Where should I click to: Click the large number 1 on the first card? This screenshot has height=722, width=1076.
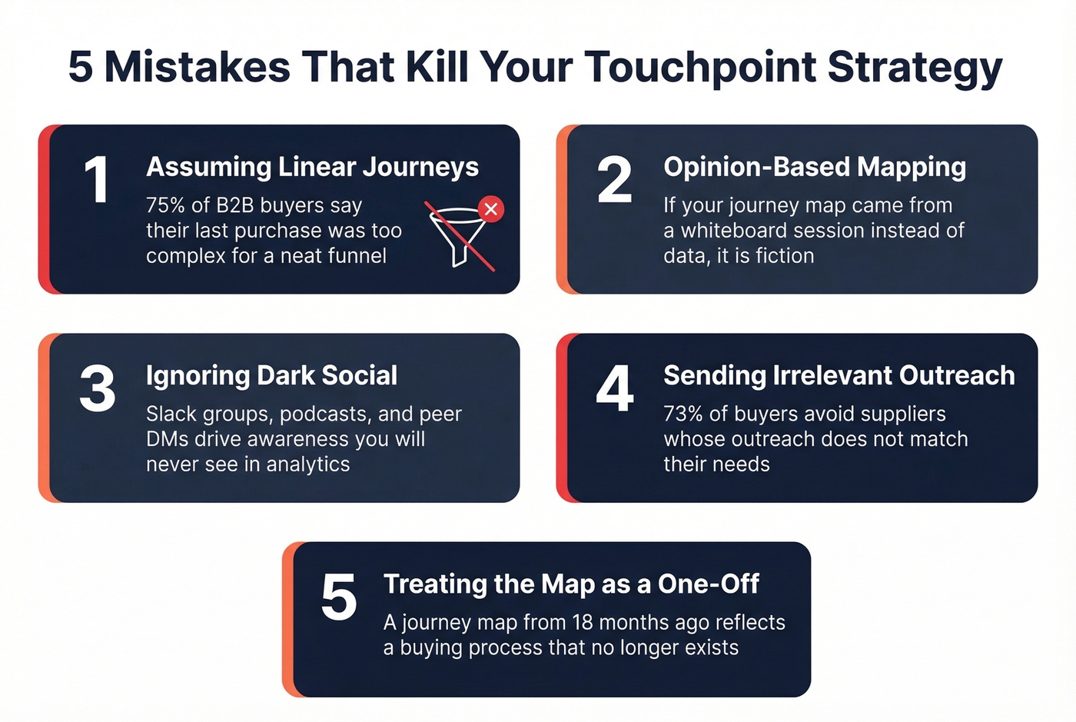pyautogui.click(x=97, y=180)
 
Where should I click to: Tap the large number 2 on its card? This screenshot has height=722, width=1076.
pyautogui.click(x=614, y=180)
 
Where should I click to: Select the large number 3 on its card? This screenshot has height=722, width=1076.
pyautogui.click(x=98, y=388)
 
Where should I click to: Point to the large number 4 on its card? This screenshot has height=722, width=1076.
pyautogui.click(x=615, y=388)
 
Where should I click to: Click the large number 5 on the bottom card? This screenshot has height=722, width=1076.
pyautogui.click(x=339, y=597)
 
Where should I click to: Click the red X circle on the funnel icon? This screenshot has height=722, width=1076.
pyautogui.click(x=491, y=208)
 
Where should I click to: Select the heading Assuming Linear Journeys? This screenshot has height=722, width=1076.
pyautogui.click(x=312, y=167)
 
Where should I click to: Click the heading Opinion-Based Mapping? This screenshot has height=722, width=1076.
pyautogui.click(x=815, y=167)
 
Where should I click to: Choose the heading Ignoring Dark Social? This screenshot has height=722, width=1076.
pyautogui.click(x=271, y=375)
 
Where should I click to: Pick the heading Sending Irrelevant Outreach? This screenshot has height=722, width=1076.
pyautogui.click(x=839, y=375)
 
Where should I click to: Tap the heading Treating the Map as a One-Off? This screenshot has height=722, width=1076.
pyautogui.click(x=571, y=584)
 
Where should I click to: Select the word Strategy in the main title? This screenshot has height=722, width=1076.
pyautogui.click(x=915, y=68)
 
